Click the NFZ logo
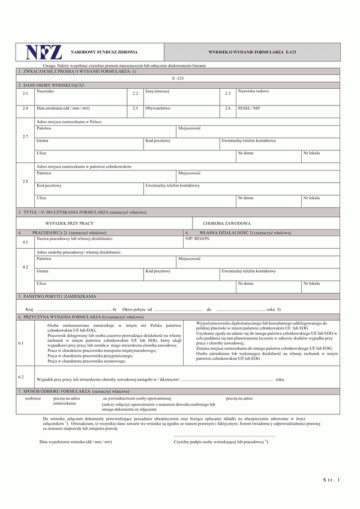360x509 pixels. [x=43, y=53]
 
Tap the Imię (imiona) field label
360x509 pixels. [x=160, y=92]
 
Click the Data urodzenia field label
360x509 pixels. [x=63, y=109]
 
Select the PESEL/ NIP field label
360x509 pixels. [x=249, y=109]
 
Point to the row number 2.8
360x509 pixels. [x=25, y=181]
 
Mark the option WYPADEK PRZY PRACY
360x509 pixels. [x=70, y=223]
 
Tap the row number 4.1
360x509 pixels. [x=25, y=242]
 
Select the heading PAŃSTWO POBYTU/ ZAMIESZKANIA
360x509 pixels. [x=57, y=296]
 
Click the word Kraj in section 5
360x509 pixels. [x=29, y=309]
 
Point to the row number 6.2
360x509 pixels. [x=21, y=377]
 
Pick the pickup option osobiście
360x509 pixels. [x=33, y=398]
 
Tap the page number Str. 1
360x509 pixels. [x=331, y=480]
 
